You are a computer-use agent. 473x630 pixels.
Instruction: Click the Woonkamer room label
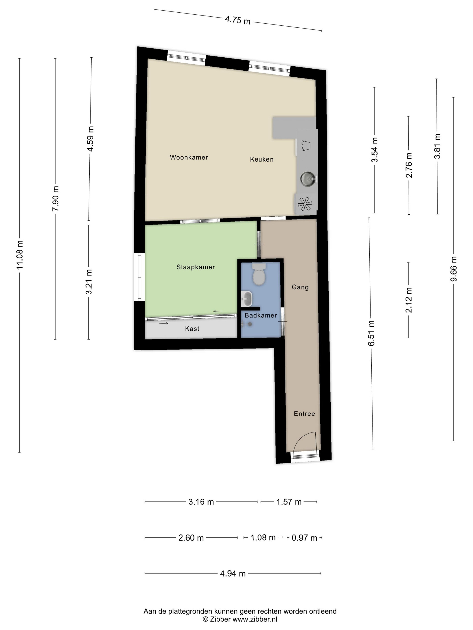pyautogui.click(x=189, y=157)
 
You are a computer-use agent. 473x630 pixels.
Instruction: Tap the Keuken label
pyautogui.click(x=262, y=159)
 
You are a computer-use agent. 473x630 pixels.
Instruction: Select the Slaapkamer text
pyautogui.click(x=196, y=267)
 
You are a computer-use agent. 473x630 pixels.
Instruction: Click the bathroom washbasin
pyautogui.click(x=247, y=299)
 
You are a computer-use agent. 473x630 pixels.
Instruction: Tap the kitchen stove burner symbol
pyautogui.click(x=305, y=204)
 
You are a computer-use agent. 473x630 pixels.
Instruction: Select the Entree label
pyautogui.click(x=305, y=414)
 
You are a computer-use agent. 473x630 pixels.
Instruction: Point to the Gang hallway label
pyautogui.click(x=300, y=287)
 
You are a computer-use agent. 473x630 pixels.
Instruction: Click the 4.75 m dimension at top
pyautogui.click(x=238, y=20)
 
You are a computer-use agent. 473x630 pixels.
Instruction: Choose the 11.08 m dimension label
pyautogui.click(x=20, y=255)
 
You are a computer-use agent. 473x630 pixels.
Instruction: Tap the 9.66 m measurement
pyautogui.click(x=453, y=269)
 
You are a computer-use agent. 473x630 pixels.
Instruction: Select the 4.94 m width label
pyautogui.click(x=233, y=573)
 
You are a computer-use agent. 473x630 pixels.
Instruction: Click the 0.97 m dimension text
pyautogui.click(x=304, y=538)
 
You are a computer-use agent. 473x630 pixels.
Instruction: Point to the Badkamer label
pyautogui.click(x=261, y=315)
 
